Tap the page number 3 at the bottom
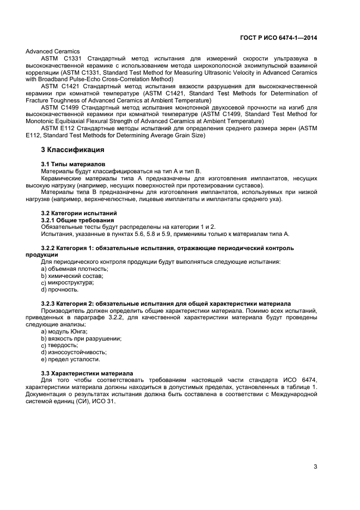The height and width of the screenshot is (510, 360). pos(315,465)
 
